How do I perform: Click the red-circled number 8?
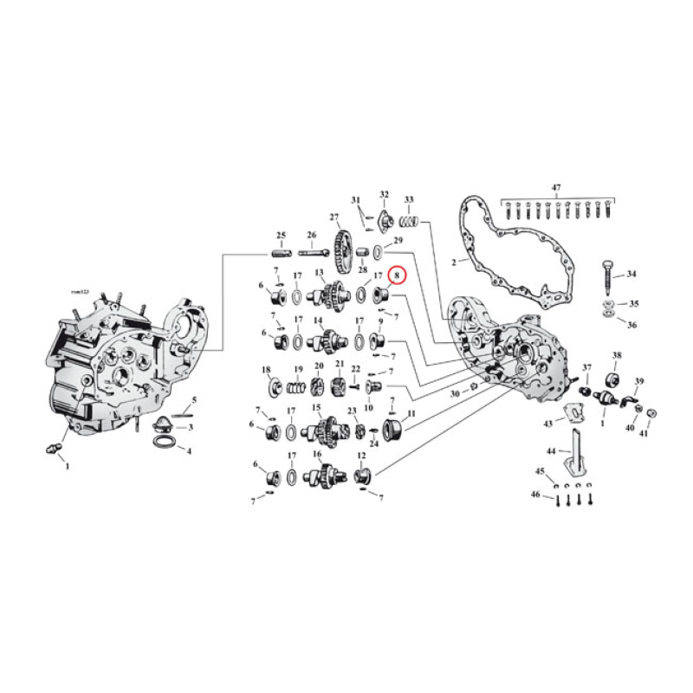tap(398, 275)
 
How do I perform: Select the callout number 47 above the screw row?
tap(556, 187)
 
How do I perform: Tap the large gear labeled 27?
tap(340, 246)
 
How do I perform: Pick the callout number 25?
tap(281, 236)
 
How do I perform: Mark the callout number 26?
tap(312, 236)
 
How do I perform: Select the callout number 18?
tap(267, 370)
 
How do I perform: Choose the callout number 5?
tap(194, 399)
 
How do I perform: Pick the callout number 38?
tap(617, 356)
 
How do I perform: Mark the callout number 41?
tap(644, 433)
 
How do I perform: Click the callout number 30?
tap(455, 393)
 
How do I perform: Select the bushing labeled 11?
tap(392, 427)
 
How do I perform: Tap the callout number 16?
tap(317, 455)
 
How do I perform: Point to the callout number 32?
tap(384, 194)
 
